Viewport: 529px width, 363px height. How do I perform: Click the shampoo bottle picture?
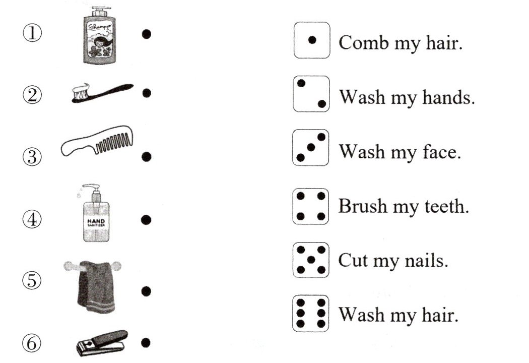pyautogui.click(x=100, y=35)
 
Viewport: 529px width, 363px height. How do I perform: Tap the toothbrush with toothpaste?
pyautogui.click(x=102, y=92)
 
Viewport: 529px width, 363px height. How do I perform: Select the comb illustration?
pyautogui.click(x=97, y=141)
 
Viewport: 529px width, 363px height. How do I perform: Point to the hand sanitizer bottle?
pyautogui.click(x=96, y=213)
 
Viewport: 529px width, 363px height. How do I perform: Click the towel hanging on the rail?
pyautogui.click(x=95, y=286)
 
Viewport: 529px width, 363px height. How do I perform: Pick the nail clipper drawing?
pyautogui.click(x=102, y=343)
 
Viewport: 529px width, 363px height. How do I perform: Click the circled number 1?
pyautogui.click(x=32, y=33)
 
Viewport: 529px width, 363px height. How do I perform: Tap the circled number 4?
pyautogui.click(x=32, y=219)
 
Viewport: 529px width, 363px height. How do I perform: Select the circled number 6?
pyautogui.click(x=32, y=343)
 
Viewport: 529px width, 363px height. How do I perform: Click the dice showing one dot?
pyautogui.click(x=312, y=40)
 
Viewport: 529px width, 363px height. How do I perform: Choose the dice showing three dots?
pyautogui.click(x=311, y=148)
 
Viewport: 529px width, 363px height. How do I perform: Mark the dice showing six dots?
pyautogui.click(x=311, y=314)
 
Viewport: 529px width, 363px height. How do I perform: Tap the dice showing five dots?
pyautogui.click(x=311, y=260)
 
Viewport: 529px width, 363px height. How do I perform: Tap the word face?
pyautogui.click(x=442, y=152)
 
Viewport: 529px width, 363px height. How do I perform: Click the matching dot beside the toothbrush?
pyautogui.click(x=147, y=93)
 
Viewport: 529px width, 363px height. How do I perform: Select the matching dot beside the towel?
pyautogui.click(x=146, y=291)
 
